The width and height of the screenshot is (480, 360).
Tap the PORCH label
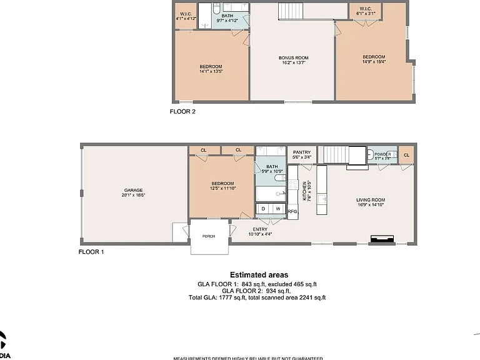pyautogui.click(x=209, y=236)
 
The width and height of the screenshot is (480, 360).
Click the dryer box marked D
pyautogui.click(x=263, y=209)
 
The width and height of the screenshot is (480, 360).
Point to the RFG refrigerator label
pyautogui.click(x=292, y=212)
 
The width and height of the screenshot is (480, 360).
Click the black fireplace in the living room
pyautogui.click(x=382, y=238)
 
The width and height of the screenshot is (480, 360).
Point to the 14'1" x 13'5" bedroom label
pyautogui.click(x=211, y=69)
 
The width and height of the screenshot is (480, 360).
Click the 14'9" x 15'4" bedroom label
pyautogui.click(x=374, y=59)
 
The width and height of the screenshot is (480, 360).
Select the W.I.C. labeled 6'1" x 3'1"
pyautogui.click(x=365, y=11)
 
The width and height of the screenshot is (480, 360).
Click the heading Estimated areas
pyautogui.click(x=259, y=274)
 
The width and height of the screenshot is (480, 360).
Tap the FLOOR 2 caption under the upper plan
pyautogui.click(x=183, y=112)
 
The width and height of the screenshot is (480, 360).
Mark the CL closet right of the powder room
pyautogui.click(x=406, y=155)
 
